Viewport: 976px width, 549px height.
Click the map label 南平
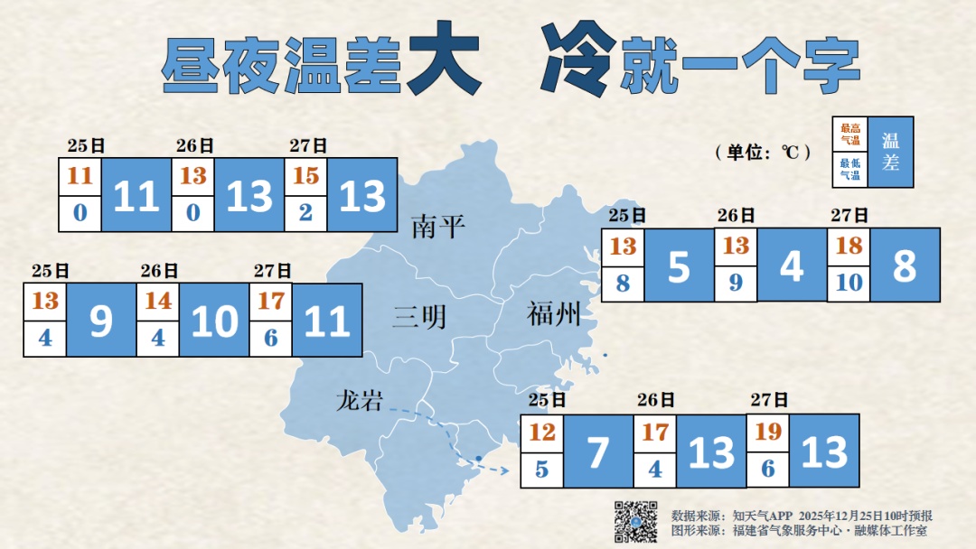pyautogui.click(x=438, y=227)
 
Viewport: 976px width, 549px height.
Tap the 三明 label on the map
pyautogui.click(x=419, y=317)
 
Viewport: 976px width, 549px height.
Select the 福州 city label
pyautogui.click(x=553, y=315)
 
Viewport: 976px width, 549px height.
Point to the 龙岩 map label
pyautogui.click(x=359, y=401)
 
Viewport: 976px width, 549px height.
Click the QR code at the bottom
pyautogui.click(x=636, y=522)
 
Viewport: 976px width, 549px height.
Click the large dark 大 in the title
pyautogui.click(x=443, y=61)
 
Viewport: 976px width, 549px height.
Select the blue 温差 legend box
pyautogui.click(x=890, y=152)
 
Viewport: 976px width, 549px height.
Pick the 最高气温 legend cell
pyautogui.click(x=850, y=135)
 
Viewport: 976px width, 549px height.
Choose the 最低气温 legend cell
pyautogui.click(x=850, y=169)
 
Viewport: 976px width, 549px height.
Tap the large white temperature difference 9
pyautogui.click(x=101, y=321)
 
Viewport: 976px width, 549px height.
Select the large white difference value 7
pyautogui.click(x=598, y=451)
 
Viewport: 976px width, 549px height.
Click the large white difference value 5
pyautogui.click(x=679, y=265)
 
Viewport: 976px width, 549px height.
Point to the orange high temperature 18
pyautogui.click(x=849, y=246)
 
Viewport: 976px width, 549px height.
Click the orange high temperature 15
pyautogui.click(x=305, y=175)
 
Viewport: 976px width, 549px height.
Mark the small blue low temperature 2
pyautogui.click(x=305, y=214)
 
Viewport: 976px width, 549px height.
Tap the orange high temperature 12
pyautogui.click(x=542, y=433)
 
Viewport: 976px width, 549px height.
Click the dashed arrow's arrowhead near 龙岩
pyautogui.click(x=502, y=470)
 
